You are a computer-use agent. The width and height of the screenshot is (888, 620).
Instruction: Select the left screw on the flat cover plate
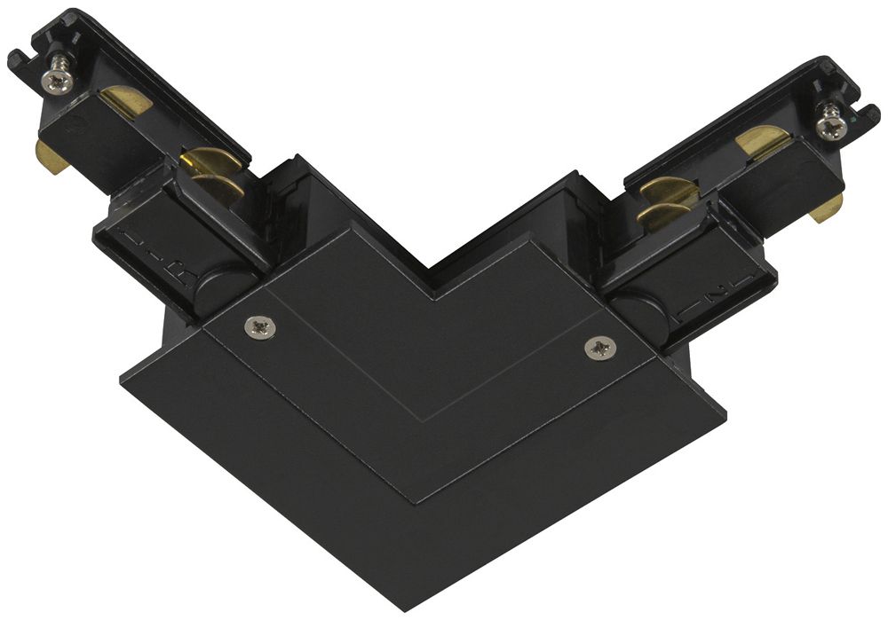260,328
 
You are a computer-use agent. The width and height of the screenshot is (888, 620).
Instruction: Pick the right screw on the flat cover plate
599,349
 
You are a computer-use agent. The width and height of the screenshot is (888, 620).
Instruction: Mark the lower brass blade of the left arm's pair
217,188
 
